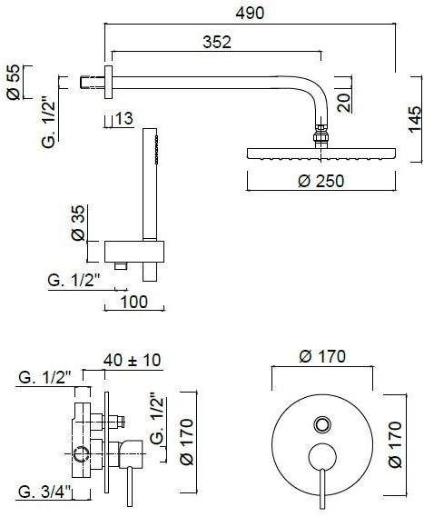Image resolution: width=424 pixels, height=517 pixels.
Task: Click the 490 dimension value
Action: pos(250,14)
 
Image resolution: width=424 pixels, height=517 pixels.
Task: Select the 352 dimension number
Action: pos(217,42)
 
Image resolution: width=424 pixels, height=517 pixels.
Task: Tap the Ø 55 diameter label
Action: pos(14,82)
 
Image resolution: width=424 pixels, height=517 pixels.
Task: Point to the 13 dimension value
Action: pos(124,118)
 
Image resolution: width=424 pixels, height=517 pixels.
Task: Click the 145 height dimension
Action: pos(415,119)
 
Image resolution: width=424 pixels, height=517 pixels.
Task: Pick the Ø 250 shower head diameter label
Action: pos(320,181)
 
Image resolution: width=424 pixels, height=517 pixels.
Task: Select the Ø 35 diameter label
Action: pos(78,223)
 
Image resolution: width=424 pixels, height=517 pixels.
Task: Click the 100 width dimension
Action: pos(134,302)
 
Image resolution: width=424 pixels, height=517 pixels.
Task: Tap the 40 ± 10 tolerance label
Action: pos(133,360)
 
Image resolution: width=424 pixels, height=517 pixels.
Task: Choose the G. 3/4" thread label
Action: pos(44,492)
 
